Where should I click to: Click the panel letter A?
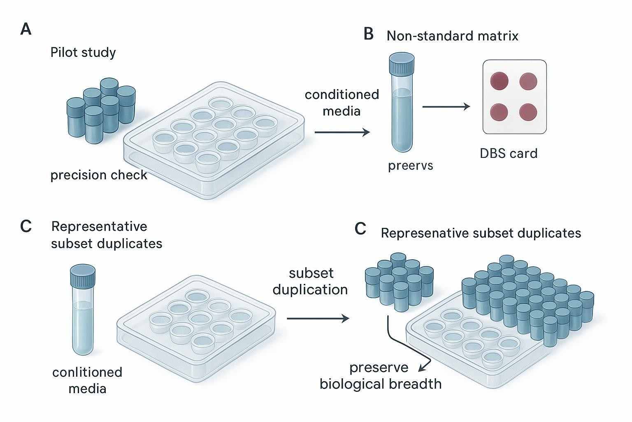[x=26, y=30]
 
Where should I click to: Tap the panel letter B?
[x=369, y=34]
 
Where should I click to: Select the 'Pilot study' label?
[x=83, y=53]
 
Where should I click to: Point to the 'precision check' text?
[x=99, y=175]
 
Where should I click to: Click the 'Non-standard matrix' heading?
[x=452, y=36]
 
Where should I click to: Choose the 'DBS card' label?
[x=509, y=153]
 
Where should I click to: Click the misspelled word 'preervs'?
[x=411, y=166]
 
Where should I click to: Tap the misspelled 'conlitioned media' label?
[x=87, y=380]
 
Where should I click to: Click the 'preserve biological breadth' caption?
[x=380, y=376]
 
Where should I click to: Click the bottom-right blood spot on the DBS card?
[x=529, y=111]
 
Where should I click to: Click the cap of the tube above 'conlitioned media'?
[x=83, y=275]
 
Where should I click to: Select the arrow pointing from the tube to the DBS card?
[x=446, y=107]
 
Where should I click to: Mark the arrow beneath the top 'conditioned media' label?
[x=342, y=132]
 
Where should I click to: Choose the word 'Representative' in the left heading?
[x=99, y=227]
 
